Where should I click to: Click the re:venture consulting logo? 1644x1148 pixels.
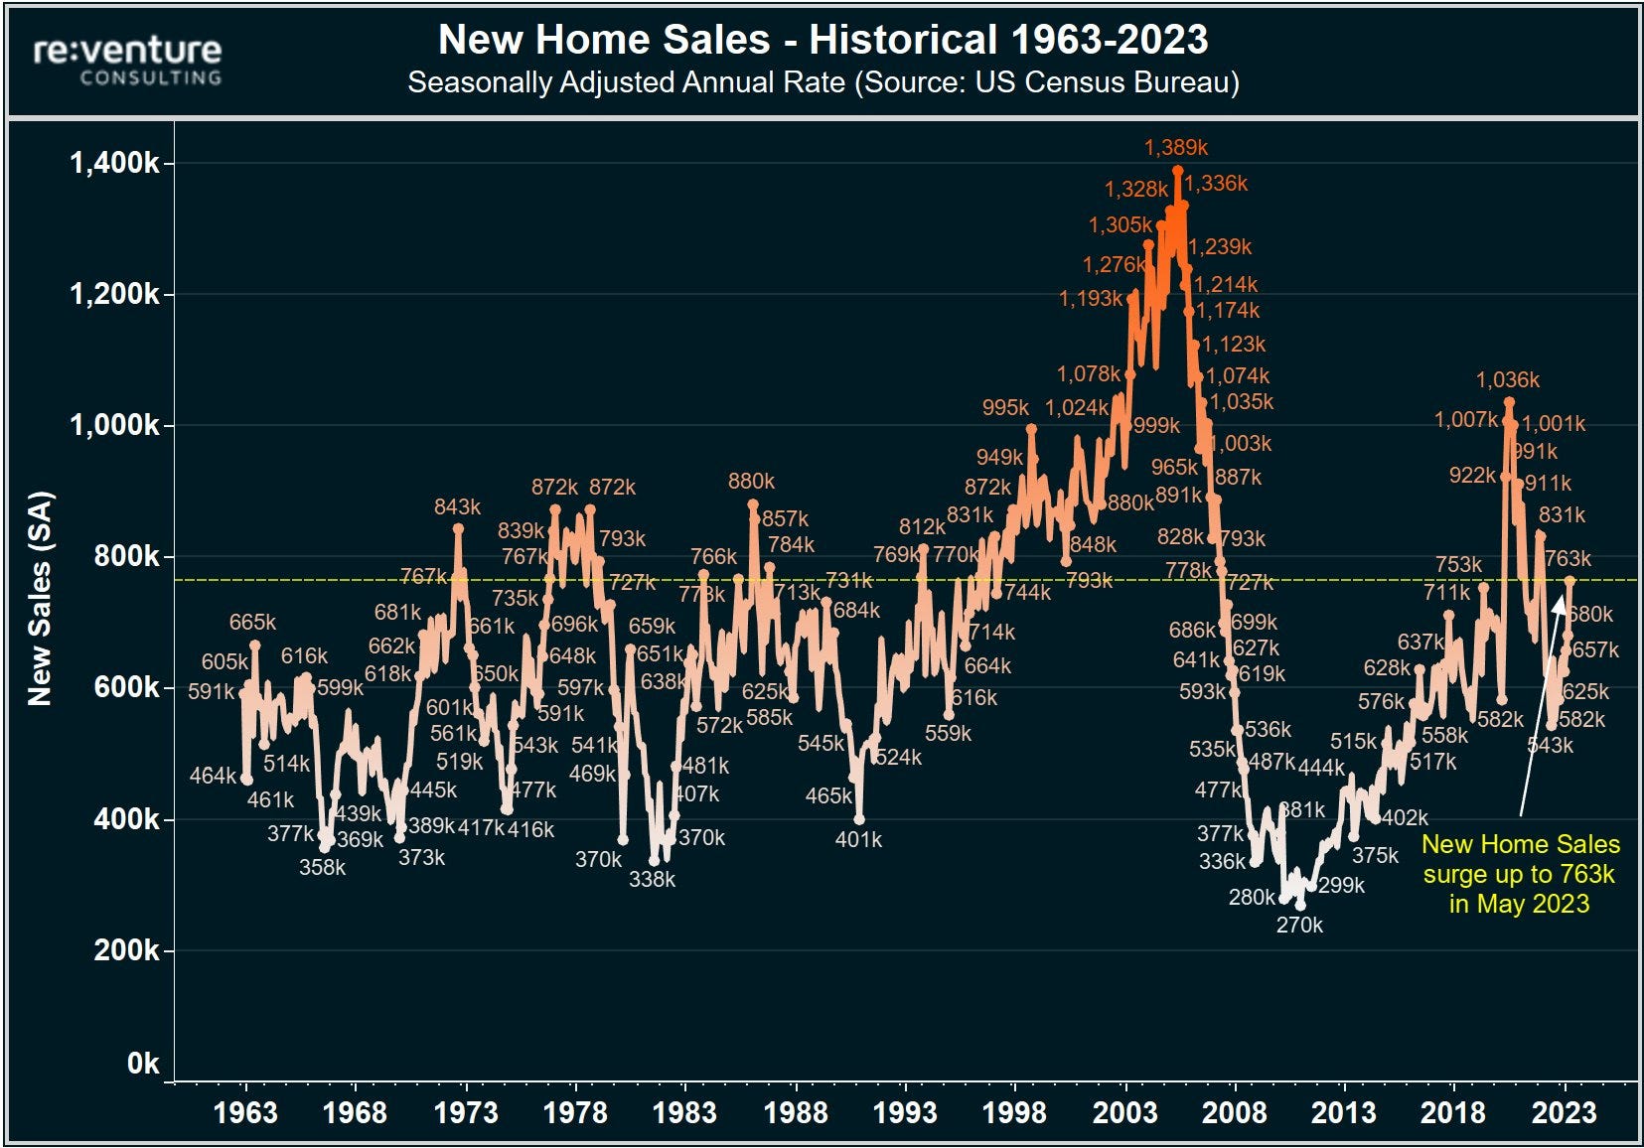coord(127,60)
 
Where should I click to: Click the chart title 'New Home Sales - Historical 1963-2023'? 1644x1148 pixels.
coord(822,41)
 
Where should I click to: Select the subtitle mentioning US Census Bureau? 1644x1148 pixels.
coord(822,82)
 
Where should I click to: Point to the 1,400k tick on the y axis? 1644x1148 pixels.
coord(114,163)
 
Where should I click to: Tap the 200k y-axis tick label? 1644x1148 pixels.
coord(126,950)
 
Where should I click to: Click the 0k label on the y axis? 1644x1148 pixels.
coord(143,1064)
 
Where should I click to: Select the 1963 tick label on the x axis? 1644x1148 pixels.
coord(245,1112)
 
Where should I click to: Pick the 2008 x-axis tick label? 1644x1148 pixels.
coord(1234,1112)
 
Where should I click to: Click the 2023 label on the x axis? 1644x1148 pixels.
coord(1564,1112)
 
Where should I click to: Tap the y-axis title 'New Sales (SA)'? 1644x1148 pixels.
coord(40,599)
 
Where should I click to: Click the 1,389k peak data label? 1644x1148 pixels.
coord(1176,148)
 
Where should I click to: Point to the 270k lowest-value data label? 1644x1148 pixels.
coord(1299,926)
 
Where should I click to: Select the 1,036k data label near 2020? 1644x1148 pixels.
coord(1507,380)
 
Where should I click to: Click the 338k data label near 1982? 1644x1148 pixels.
coord(652,879)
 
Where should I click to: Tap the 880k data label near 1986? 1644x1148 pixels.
coord(751,482)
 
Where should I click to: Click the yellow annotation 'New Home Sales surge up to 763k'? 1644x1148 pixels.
coord(1520,874)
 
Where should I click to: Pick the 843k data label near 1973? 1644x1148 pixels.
coord(457,507)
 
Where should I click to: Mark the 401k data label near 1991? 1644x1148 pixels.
coord(858,840)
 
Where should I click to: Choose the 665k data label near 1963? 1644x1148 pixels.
coord(252,623)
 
